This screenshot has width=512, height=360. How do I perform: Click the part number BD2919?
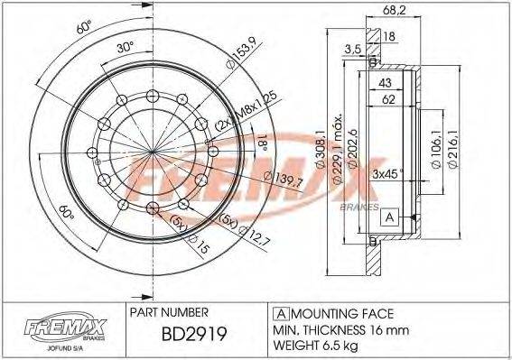point(194,334)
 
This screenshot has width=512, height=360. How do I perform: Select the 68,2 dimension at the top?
point(394,11)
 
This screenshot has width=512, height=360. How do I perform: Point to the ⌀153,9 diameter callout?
point(242,53)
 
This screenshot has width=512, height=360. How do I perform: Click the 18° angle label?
point(263,143)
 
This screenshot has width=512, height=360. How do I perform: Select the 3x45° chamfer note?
point(387,173)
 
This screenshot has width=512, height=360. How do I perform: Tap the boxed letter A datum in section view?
point(389,217)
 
